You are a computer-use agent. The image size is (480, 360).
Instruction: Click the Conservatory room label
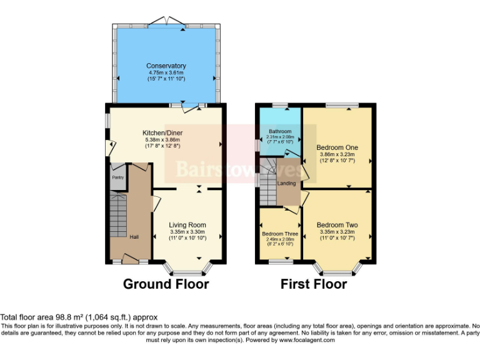coord(166,66)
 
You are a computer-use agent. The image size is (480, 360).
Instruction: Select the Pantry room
coord(117,177)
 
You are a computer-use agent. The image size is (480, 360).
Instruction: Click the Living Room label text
coord(187,225)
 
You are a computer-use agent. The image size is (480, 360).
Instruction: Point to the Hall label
coord(134,237)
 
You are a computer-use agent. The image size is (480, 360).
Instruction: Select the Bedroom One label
coord(337,147)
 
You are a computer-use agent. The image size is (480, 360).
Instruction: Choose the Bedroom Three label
coord(280,234)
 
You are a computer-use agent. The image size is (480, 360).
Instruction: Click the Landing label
coord(287,183)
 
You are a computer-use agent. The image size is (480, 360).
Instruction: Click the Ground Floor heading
coord(166,284)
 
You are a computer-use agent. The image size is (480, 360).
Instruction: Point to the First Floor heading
coord(313,284)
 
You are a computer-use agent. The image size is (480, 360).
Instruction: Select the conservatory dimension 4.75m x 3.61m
coord(166,72)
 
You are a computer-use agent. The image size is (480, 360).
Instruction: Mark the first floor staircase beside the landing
coord(269,181)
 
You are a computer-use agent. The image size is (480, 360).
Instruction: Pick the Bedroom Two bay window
coord(338,271)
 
